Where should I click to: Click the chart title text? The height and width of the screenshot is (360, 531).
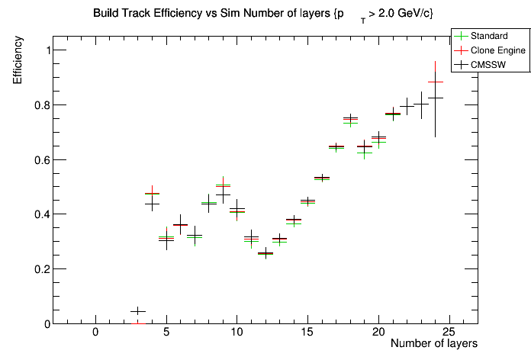click(263, 14)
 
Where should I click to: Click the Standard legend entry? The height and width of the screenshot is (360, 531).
click(490, 36)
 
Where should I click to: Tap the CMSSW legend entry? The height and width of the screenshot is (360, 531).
click(490, 65)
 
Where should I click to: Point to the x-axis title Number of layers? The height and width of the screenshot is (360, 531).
click(433, 344)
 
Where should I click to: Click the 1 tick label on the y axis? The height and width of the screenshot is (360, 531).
click(43, 50)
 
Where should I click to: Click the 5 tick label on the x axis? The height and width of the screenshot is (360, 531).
click(166, 332)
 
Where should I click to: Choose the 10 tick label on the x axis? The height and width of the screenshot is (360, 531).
click(237, 332)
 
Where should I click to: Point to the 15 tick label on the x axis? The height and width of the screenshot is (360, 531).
click(307, 332)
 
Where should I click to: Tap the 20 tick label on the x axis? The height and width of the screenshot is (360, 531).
click(378, 332)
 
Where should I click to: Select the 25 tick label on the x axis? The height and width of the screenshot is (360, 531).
click(449, 332)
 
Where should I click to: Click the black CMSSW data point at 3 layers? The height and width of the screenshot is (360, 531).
click(138, 311)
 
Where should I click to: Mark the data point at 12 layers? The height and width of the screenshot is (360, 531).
click(265, 253)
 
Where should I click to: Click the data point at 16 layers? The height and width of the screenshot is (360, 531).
click(322, 178)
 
